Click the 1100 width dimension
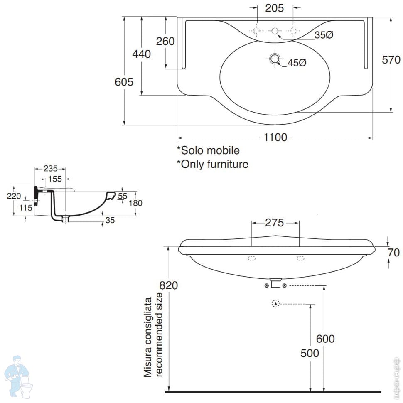pos(275,138)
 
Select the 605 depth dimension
pos(124,82)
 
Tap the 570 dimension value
pos(391,60)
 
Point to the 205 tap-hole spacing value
pos(275,7)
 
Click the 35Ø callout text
pos(324,35)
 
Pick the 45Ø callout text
pos(297,63)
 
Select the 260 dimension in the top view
pos(165,41)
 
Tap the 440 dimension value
pos(141,54)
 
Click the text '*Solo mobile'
pos(208,150)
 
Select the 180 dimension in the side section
pos(135,203)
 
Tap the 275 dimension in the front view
pos(275,223)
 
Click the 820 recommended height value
pos(169,285)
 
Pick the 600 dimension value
pos(325,339)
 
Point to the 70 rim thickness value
pos(394,252)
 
